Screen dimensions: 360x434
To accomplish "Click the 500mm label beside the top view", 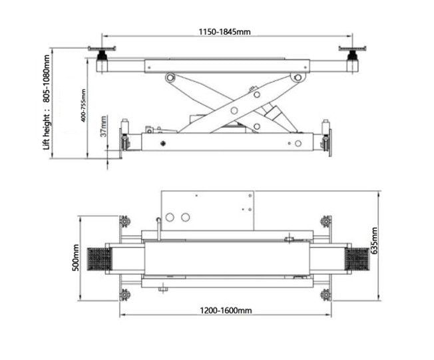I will tap(76, 258).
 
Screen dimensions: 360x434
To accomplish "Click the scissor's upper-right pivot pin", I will tap(294, 79).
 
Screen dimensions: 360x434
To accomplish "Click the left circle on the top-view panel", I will tap(170, 217).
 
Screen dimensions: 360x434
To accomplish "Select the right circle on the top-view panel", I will tap(183, 217).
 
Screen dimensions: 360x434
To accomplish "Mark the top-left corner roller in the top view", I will tap(124, 221).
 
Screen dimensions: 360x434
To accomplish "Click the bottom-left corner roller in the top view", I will tap(124, 293).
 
